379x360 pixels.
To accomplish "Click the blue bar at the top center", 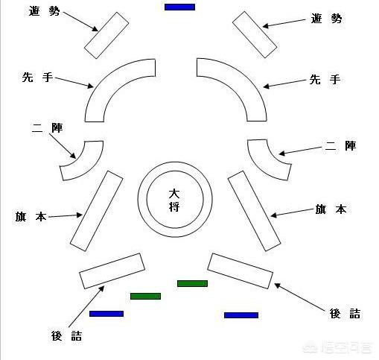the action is point(179,7).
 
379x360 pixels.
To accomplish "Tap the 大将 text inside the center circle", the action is point(174,200).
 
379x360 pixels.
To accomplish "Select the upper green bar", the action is point(192,283).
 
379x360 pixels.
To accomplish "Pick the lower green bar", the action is point(145,296).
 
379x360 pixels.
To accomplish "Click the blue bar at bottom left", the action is point(106,314).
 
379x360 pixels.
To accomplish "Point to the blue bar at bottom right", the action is point(241,315).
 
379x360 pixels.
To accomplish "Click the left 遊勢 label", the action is point(44,11).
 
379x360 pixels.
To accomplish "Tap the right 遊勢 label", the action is point(326,19).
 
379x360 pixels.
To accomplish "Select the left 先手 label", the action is point(37,78).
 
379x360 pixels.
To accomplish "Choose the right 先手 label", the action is point(325,80).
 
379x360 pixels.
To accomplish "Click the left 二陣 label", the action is point(47,127).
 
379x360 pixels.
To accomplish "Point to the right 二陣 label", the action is point(340,145).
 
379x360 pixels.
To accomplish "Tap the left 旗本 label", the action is point(31,216).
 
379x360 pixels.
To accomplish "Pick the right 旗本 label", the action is point(331,209).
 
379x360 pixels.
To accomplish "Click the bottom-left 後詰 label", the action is point(66,336).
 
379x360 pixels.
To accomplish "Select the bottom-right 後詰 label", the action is point(345,314).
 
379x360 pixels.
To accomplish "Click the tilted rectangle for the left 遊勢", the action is point(106,35).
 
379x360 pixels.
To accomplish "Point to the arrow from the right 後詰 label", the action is point(299,297).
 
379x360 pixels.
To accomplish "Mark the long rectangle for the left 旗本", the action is point(97,211).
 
